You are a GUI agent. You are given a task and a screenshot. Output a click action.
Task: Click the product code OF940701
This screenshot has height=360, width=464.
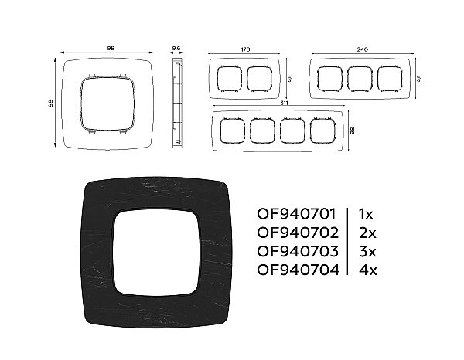(296, 214)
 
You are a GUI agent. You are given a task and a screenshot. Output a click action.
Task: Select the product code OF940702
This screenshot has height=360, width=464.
(298, 233)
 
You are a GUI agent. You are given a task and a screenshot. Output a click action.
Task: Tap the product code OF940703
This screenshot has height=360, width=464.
(298, 251)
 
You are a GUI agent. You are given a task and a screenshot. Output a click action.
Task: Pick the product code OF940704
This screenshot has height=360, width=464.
(298, 270)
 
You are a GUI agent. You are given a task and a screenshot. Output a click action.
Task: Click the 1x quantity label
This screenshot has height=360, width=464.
(366, 214)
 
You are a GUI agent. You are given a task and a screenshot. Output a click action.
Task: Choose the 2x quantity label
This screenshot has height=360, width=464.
(367, 233)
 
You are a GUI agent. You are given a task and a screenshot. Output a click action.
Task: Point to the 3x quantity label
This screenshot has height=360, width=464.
(367, 251)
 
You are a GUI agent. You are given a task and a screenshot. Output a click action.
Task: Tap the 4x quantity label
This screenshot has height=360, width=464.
(368, 270)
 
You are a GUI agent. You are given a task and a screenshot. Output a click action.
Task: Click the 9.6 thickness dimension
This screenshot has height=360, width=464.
(176, 48)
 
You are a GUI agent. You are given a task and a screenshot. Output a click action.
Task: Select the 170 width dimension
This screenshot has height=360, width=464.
(245, 49)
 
